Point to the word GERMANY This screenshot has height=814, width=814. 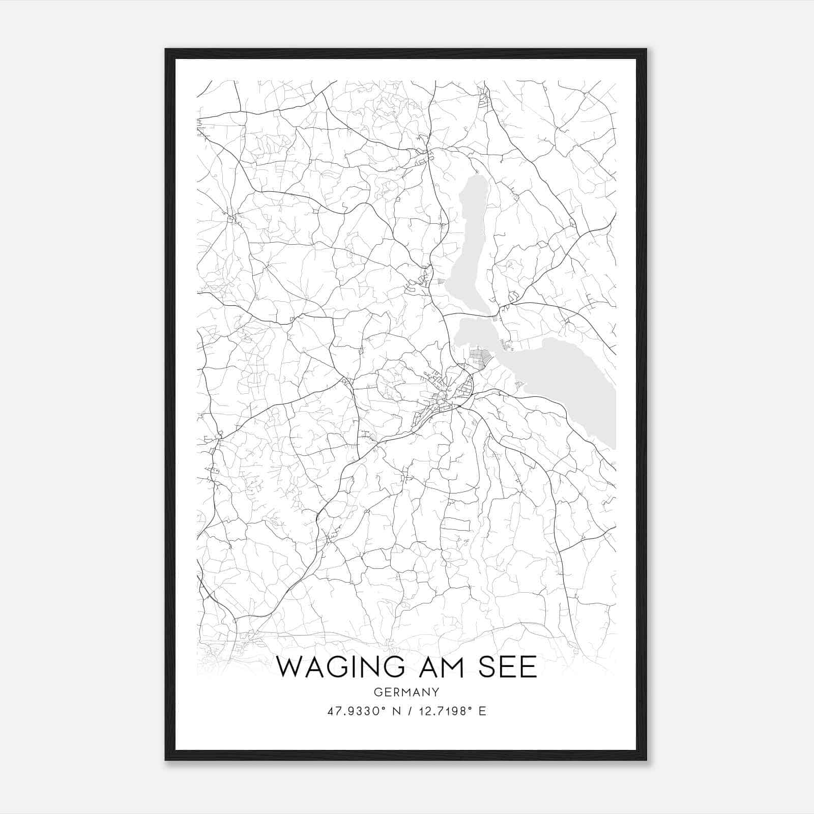click(x=406, y=692)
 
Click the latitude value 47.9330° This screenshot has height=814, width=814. click(x=354, y=711)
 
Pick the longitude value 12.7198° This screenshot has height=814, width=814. click(x=444, y=711)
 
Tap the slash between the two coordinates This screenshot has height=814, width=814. click(x=409, y=711)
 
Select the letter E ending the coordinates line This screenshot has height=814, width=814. click(x=482, y=711)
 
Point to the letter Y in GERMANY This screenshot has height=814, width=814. click(x=435, y=692)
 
